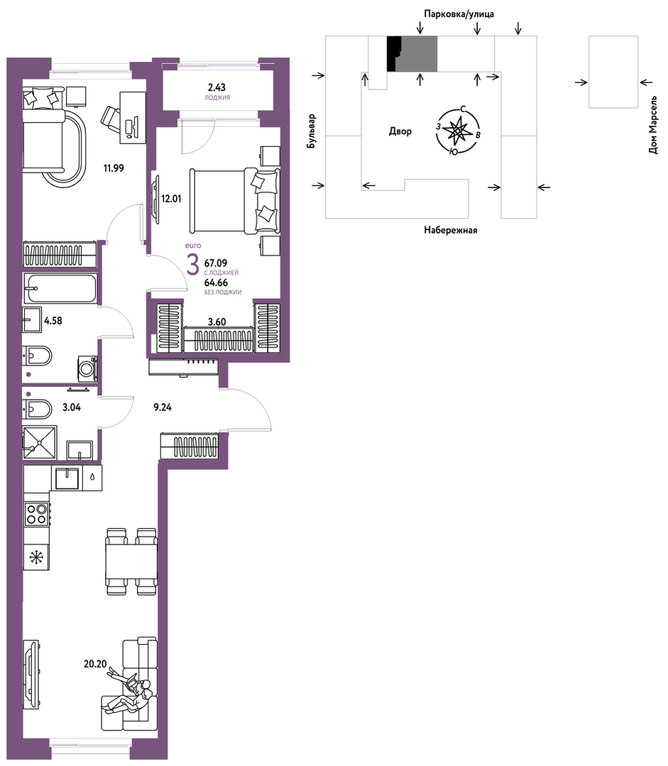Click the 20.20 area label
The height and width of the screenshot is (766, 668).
pos(95,664)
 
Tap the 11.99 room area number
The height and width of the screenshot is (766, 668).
pos(114,168)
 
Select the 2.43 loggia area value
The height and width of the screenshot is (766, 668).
pos(217,87)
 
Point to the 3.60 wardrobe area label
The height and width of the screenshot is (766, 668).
pos(217,322)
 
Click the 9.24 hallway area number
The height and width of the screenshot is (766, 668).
pos(163,407)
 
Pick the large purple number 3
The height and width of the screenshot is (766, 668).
pos(194,266)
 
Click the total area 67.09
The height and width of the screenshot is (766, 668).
pos(216,263)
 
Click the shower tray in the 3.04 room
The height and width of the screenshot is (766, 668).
pos(40,442)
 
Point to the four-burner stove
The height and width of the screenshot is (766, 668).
pos(37,513)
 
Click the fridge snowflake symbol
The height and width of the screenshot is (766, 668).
pos(35,557)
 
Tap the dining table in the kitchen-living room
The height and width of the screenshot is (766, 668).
pos(132,562)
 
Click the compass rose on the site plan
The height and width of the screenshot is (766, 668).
pos(458,131)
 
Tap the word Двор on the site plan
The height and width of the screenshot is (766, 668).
pos(400,131)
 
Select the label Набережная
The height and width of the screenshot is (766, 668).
pos(450,229)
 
